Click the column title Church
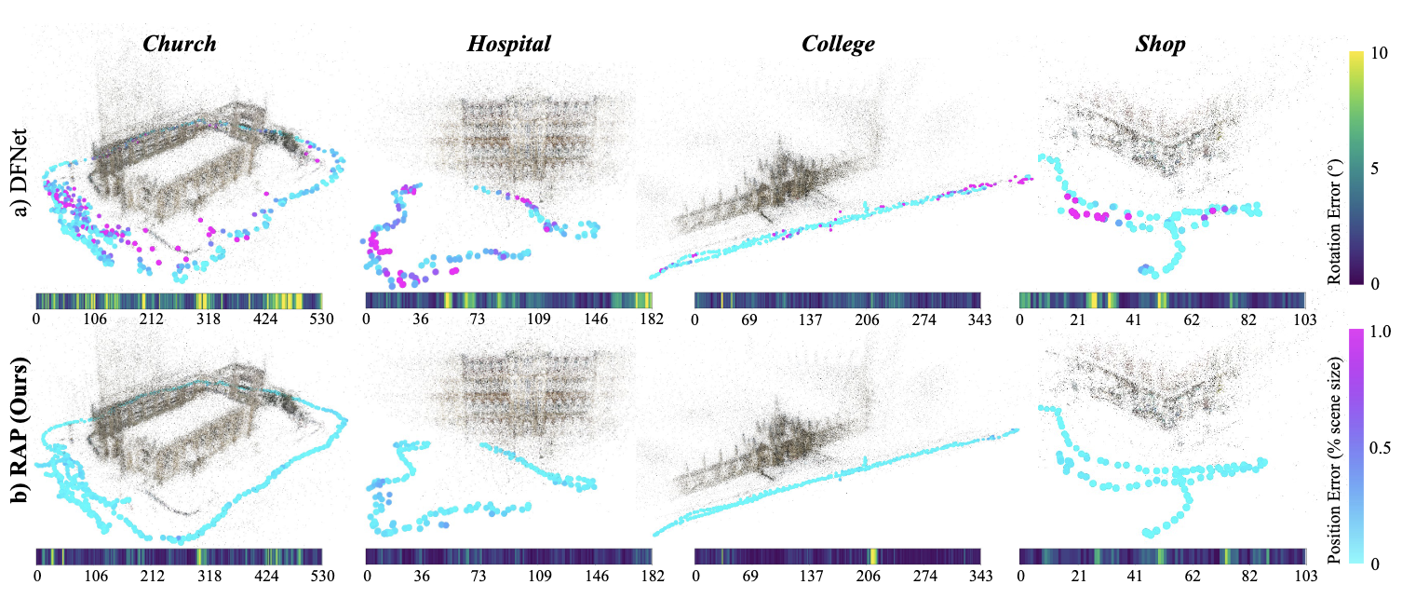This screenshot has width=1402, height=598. (x=181, y=44)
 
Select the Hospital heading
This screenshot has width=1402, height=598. (x=508, y=44)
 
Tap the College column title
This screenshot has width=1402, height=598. (x=838, y=44)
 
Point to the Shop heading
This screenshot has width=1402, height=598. (x=1162, y=44)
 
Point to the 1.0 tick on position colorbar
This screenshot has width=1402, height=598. (x=1383, y=332)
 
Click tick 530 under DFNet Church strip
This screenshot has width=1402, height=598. (x=322, y=319)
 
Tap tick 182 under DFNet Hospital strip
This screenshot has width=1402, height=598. (x=652, y=319)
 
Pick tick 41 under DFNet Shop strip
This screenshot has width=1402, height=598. (x=1134, y=319)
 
